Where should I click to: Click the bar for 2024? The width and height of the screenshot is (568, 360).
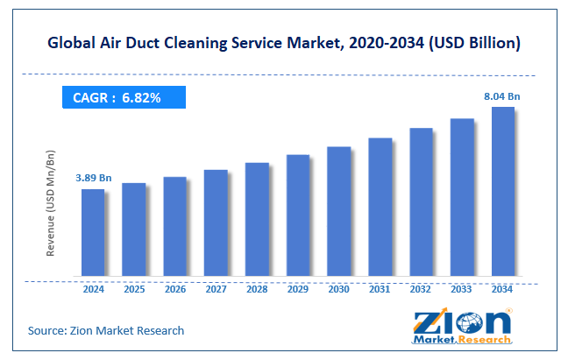point(92,233)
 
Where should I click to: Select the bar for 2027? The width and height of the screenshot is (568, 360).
point(216,223)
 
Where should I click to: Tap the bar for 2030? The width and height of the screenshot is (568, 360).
point(338,212)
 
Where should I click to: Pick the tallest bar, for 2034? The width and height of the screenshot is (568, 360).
point(502,192)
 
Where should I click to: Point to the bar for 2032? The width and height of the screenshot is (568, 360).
point(421,202)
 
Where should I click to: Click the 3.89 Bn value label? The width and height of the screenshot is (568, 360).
point(93,178)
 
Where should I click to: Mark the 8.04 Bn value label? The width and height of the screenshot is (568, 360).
point(503,96)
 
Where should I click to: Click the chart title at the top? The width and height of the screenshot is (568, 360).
point(284,44)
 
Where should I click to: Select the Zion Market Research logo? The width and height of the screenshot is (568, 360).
point(465,326)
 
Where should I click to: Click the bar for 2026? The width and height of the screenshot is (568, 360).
point(174,227)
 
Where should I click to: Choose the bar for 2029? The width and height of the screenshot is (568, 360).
point(298,216)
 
